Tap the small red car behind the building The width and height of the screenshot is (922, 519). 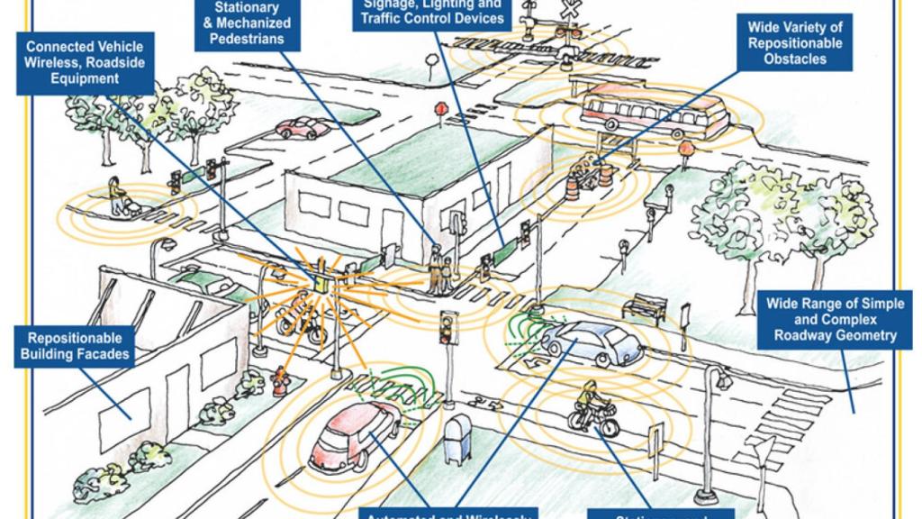click(303, 128)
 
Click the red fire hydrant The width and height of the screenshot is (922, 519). click(280, 382)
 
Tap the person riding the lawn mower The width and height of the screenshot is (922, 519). click(120, 200)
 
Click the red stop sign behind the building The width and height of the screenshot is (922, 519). click(441, 109)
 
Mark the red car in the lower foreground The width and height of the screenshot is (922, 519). click(352, 436)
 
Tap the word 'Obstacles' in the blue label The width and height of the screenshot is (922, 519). click(794, 59)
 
